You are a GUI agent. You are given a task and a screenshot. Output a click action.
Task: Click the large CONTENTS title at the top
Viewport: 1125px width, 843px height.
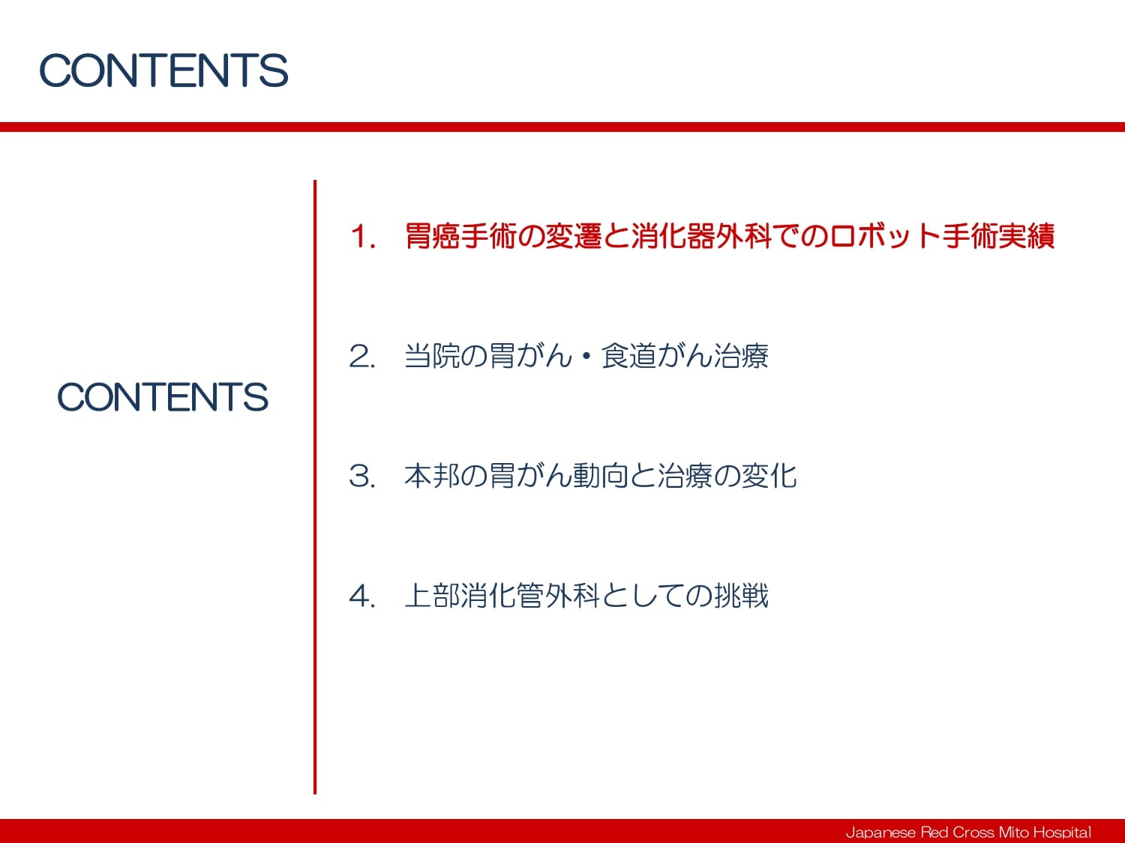pyautogui.click(x=163, y=70)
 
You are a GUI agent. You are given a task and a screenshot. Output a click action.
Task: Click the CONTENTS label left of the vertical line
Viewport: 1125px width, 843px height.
pyautogui.click(x=163, y=396)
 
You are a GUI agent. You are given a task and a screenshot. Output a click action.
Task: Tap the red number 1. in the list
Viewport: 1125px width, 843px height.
pyautogui.click(x=363, y=237)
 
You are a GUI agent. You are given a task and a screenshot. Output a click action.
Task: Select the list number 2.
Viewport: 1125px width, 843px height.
pyautogui.click(x=362, y=356)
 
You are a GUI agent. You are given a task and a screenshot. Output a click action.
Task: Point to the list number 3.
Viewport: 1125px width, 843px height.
pyautogui.click(x=362, y=476)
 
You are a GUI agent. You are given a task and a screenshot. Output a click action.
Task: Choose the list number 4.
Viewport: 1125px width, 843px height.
pyautogui.click(x=362, y=596)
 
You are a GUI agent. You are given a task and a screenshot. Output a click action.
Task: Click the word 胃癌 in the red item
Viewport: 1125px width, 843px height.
pyautogui.click(x=431, y=236)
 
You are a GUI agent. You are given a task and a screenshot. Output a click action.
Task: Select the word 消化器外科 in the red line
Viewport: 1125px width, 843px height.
pyautogui.click(x=701, y=236)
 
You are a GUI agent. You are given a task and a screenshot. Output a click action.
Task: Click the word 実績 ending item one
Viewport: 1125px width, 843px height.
pyautogui.click(x=1027, y=236)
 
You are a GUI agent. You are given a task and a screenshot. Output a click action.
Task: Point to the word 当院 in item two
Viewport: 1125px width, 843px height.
pyautogui.click(x=431, y=356)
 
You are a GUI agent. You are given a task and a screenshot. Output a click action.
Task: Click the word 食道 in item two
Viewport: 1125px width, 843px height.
pyautogui.click(x=628, y=356)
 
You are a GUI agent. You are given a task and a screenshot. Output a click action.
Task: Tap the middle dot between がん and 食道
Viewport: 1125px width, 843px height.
pyautogui.click(x=586, y=356)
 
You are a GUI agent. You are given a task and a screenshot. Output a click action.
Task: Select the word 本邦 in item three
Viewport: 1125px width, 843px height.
pyautogui.click(x=431, y=476)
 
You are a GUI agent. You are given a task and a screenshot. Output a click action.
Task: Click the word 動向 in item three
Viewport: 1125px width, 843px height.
pyautogui.click(x=601, y=476)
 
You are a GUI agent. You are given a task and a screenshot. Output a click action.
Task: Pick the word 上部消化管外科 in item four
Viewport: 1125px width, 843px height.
pyautogui.click(x=502, y=595)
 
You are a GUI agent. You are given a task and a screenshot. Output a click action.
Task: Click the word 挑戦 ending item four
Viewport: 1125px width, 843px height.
pyautogui.click(x=740, y=595)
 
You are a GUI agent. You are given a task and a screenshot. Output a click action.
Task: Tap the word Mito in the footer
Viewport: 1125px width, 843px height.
pyautogui.click(x=1011, y=832)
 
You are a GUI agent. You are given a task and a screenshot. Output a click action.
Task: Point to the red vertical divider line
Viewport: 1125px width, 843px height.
pyautogui.click(x=315, y=487)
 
